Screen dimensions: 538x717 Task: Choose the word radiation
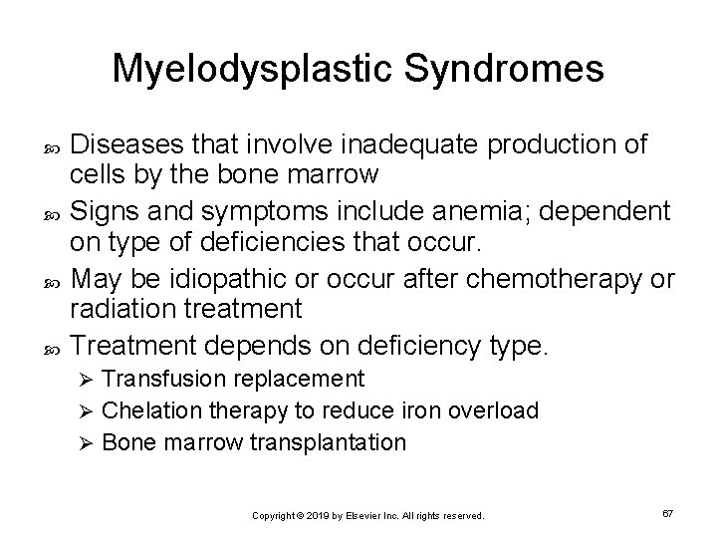pos(120,309)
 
